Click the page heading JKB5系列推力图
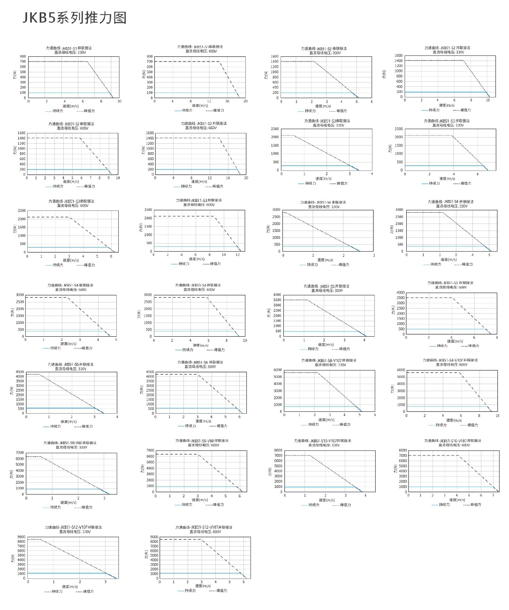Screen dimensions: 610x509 (75, 18)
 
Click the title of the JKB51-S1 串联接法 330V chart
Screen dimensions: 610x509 (69, 48)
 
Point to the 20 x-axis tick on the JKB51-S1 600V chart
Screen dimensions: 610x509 (245, 101)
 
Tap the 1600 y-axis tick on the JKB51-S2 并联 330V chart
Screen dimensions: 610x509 (398, 55)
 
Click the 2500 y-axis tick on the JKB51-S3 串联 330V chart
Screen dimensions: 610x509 (274, 129)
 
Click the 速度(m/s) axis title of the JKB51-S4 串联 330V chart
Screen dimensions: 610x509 (325, 260)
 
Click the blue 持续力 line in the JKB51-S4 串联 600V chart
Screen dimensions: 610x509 (66, 331)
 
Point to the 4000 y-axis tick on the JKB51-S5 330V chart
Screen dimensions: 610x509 (277, 295)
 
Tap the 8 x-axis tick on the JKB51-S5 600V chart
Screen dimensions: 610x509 (496, 338)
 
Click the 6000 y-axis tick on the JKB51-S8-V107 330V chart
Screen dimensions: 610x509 (277, 370)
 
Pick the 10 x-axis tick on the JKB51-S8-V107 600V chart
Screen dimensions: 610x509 (497, 416)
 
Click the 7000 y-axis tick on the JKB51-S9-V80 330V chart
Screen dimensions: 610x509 (19, 453)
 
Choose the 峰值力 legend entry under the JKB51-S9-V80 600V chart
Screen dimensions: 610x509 (218, 504)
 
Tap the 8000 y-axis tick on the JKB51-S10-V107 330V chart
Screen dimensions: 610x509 (278, 450)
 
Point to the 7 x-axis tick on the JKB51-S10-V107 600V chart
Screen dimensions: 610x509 (493, 495)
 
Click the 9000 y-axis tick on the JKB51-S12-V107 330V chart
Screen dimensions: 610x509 (22, 537)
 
